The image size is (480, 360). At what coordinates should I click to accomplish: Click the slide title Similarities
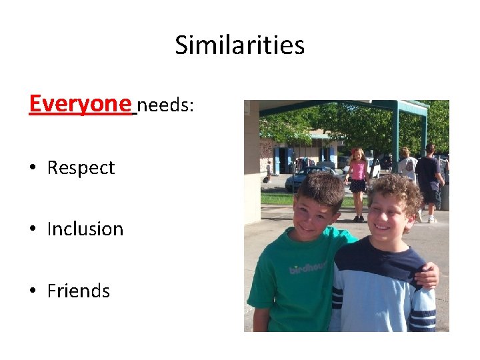(240, 45)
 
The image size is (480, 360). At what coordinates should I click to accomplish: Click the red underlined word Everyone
(80, 103)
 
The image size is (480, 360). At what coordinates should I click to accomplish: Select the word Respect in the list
(81, 168)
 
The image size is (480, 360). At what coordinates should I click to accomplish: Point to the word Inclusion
(85, 229)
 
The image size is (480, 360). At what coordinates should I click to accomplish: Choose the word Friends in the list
(79, 291)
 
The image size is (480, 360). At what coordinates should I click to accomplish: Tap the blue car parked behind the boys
(307, 178)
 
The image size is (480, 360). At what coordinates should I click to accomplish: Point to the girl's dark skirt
(358, 186)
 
